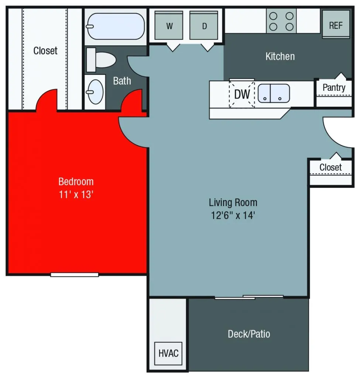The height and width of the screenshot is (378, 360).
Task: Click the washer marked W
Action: [169, 25]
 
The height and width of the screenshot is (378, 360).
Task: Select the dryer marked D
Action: [204, 25]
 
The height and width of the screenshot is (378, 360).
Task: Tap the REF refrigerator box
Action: [336, 25]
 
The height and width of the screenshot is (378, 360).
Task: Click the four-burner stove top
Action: [281, 21]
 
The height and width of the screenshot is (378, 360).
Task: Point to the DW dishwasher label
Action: [242, 94]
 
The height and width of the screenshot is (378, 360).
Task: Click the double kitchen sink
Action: [274, 93]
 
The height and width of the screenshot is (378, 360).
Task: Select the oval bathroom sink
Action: [95, 92]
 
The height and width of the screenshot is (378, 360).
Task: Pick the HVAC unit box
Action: [168, 353]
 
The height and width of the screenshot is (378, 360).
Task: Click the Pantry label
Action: [334, 87]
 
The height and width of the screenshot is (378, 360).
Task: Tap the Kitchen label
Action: [280, 56]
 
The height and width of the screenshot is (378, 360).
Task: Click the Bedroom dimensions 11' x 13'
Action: [76, 194]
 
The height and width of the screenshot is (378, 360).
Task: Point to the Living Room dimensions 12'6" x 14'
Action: [233, 215]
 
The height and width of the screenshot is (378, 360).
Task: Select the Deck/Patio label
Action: [248, 334]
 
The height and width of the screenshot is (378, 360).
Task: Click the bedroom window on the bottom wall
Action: [75, 274]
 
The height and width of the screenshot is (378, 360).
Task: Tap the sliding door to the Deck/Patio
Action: [249, 297]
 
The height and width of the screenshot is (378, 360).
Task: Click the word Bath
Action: [122, 80]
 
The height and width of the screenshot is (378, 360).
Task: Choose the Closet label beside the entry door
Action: [330, 167]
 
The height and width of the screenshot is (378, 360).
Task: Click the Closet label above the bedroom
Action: [45, 51]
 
